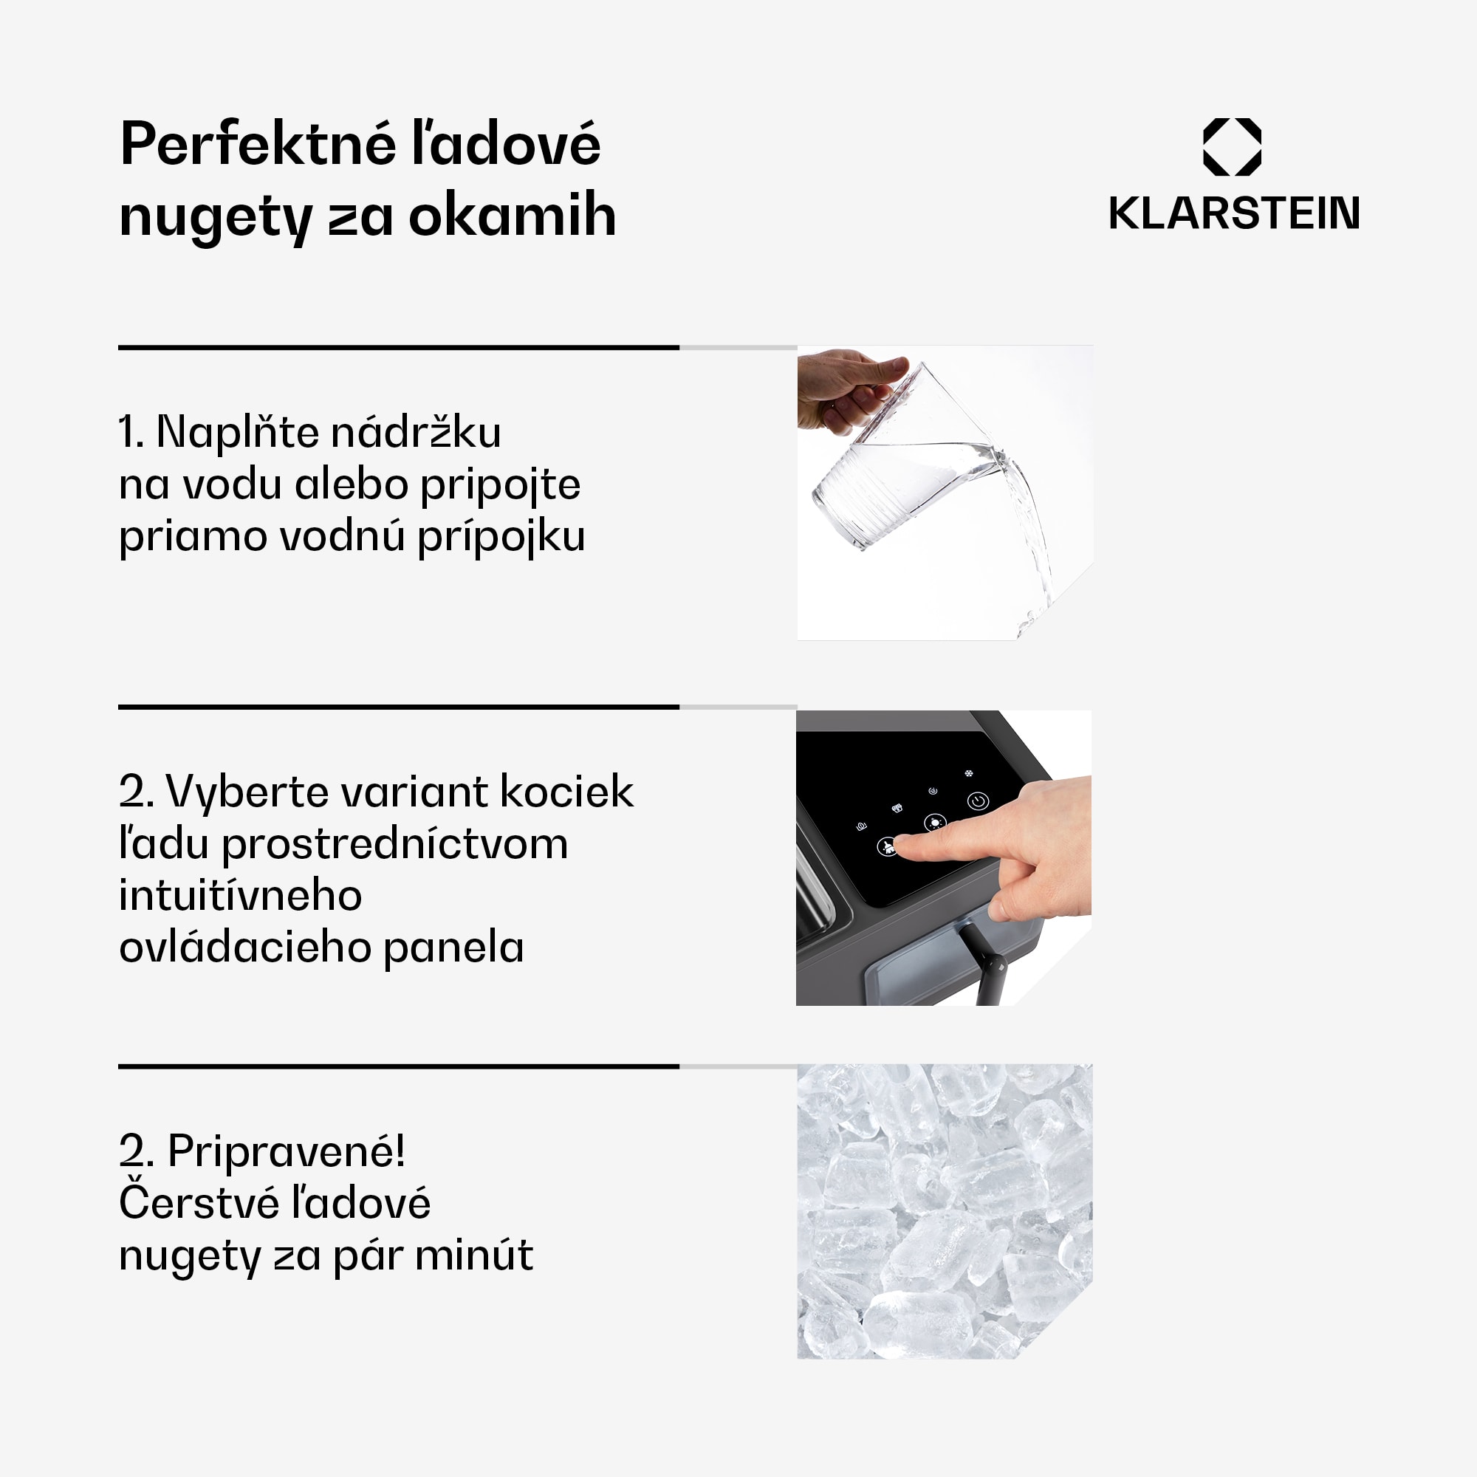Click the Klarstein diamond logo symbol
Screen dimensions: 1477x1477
coord(1232,147)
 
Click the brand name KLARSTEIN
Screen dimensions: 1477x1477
coord(1234,213)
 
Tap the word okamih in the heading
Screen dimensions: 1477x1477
coord(513,216)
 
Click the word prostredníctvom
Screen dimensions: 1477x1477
coord(394,844)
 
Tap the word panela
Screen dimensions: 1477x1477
coord(453,948)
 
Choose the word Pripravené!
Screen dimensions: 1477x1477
coord(286,1151)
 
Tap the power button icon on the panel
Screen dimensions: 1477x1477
coord(978,801)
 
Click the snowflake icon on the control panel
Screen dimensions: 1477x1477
coord(969,774)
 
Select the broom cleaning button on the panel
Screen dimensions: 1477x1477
coord(887,846)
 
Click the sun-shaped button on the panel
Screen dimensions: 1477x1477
coord(934,823)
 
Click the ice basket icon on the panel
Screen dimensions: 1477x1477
coord(897,808)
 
